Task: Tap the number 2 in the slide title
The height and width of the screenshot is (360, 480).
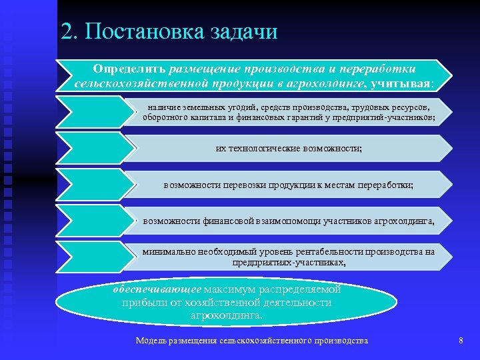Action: point(65,31)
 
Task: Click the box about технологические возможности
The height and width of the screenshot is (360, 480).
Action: point(289,149)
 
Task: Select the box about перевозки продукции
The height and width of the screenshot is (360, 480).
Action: point(289,185)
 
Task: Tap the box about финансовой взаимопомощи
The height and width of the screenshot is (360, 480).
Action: point(289,221)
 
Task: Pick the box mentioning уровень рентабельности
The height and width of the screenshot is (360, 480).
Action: point(289,257)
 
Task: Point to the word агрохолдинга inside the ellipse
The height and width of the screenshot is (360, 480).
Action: point(227,315)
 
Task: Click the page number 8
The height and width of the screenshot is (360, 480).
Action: point(461,341)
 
